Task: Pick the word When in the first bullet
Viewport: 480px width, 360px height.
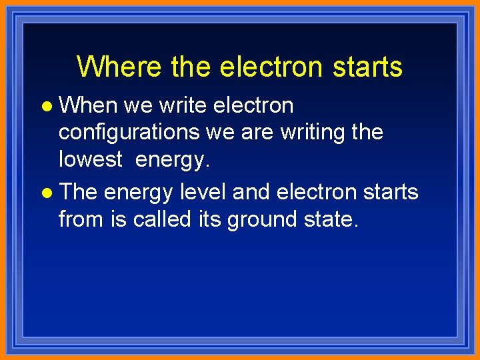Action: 88,105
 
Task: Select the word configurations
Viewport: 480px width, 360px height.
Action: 129,132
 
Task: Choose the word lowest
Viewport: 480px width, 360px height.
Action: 91,159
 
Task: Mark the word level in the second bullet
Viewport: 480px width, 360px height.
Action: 203,192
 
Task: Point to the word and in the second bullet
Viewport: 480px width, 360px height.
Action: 251,192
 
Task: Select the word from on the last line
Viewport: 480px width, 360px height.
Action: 81,219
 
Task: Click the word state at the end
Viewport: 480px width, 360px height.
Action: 333,219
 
